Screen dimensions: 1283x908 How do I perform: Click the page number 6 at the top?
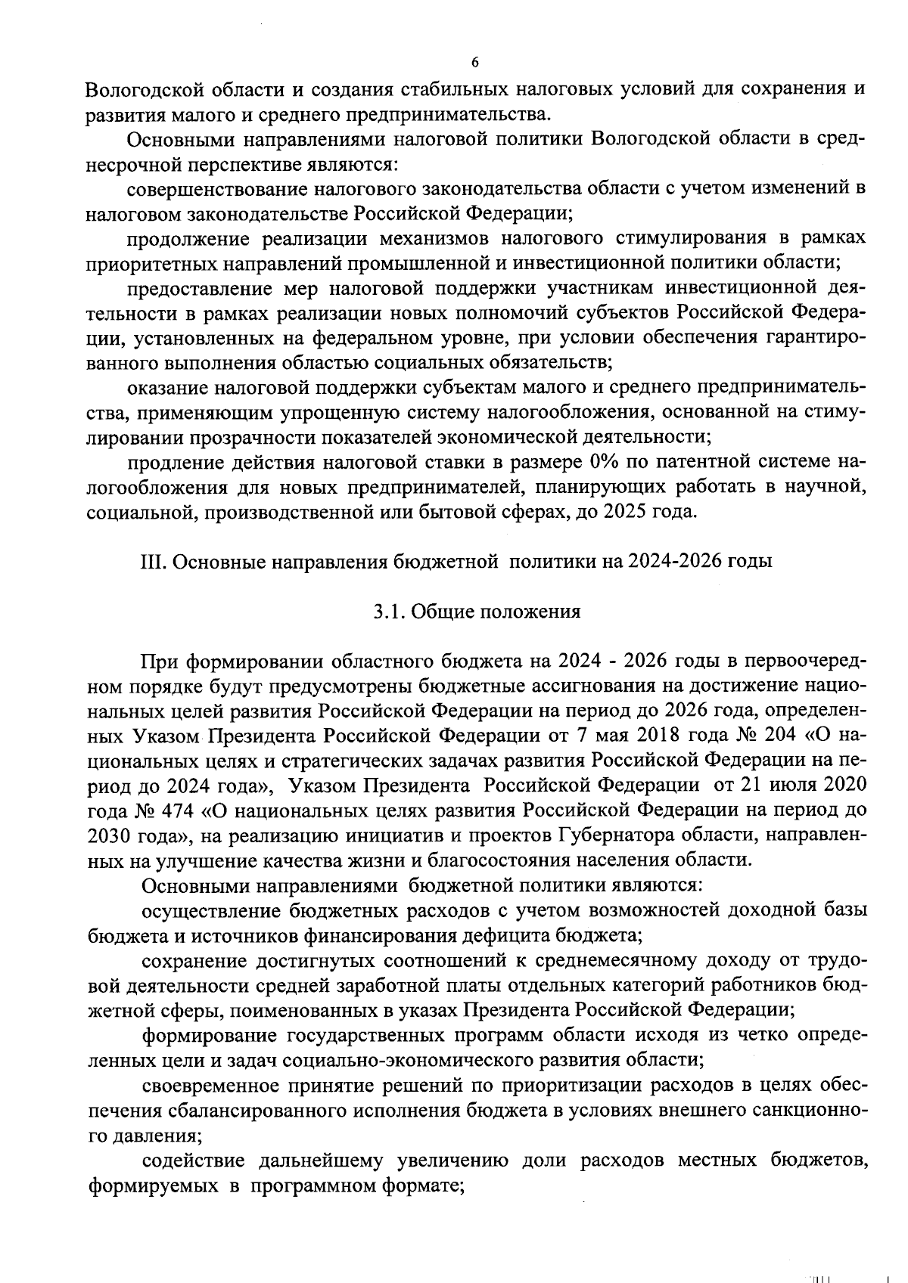pos(474,62)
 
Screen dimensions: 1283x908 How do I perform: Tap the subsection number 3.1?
pos(387,612)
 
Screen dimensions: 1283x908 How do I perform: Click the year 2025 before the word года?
pos(627,512)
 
